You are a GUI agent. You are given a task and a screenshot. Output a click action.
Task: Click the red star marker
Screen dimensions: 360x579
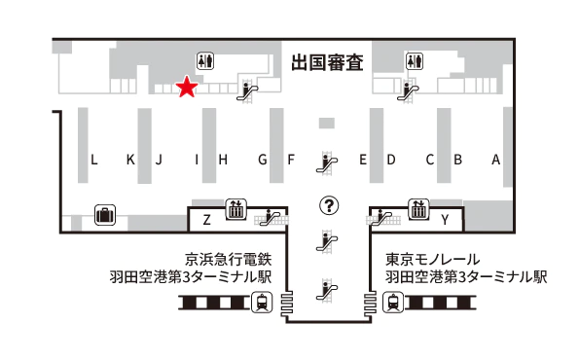[186, 89]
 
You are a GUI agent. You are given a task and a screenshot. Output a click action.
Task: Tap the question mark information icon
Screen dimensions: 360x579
[330, 205]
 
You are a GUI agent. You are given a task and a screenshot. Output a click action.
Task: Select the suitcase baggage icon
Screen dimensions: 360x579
[104, 215]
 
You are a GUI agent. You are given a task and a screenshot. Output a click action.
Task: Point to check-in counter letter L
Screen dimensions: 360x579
[94, 160]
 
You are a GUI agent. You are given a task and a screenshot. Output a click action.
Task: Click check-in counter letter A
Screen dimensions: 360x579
[495, 160]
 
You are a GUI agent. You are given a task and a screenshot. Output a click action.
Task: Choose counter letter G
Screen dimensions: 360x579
[263, 160]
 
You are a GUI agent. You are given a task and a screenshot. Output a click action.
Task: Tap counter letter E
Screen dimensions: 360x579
[362, 160]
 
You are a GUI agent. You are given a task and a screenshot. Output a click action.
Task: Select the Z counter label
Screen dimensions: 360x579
[206, 220]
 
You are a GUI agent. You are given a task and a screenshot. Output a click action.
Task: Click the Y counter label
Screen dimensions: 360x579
[445, 220]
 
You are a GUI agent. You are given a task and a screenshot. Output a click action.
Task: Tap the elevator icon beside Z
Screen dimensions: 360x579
[235, 208]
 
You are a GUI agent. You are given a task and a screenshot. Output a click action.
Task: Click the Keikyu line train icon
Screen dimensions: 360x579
[262, 303]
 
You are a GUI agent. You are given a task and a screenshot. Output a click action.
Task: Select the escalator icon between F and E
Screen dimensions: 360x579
[329, 162]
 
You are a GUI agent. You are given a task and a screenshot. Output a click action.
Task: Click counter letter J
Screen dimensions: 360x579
[158, 160]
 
